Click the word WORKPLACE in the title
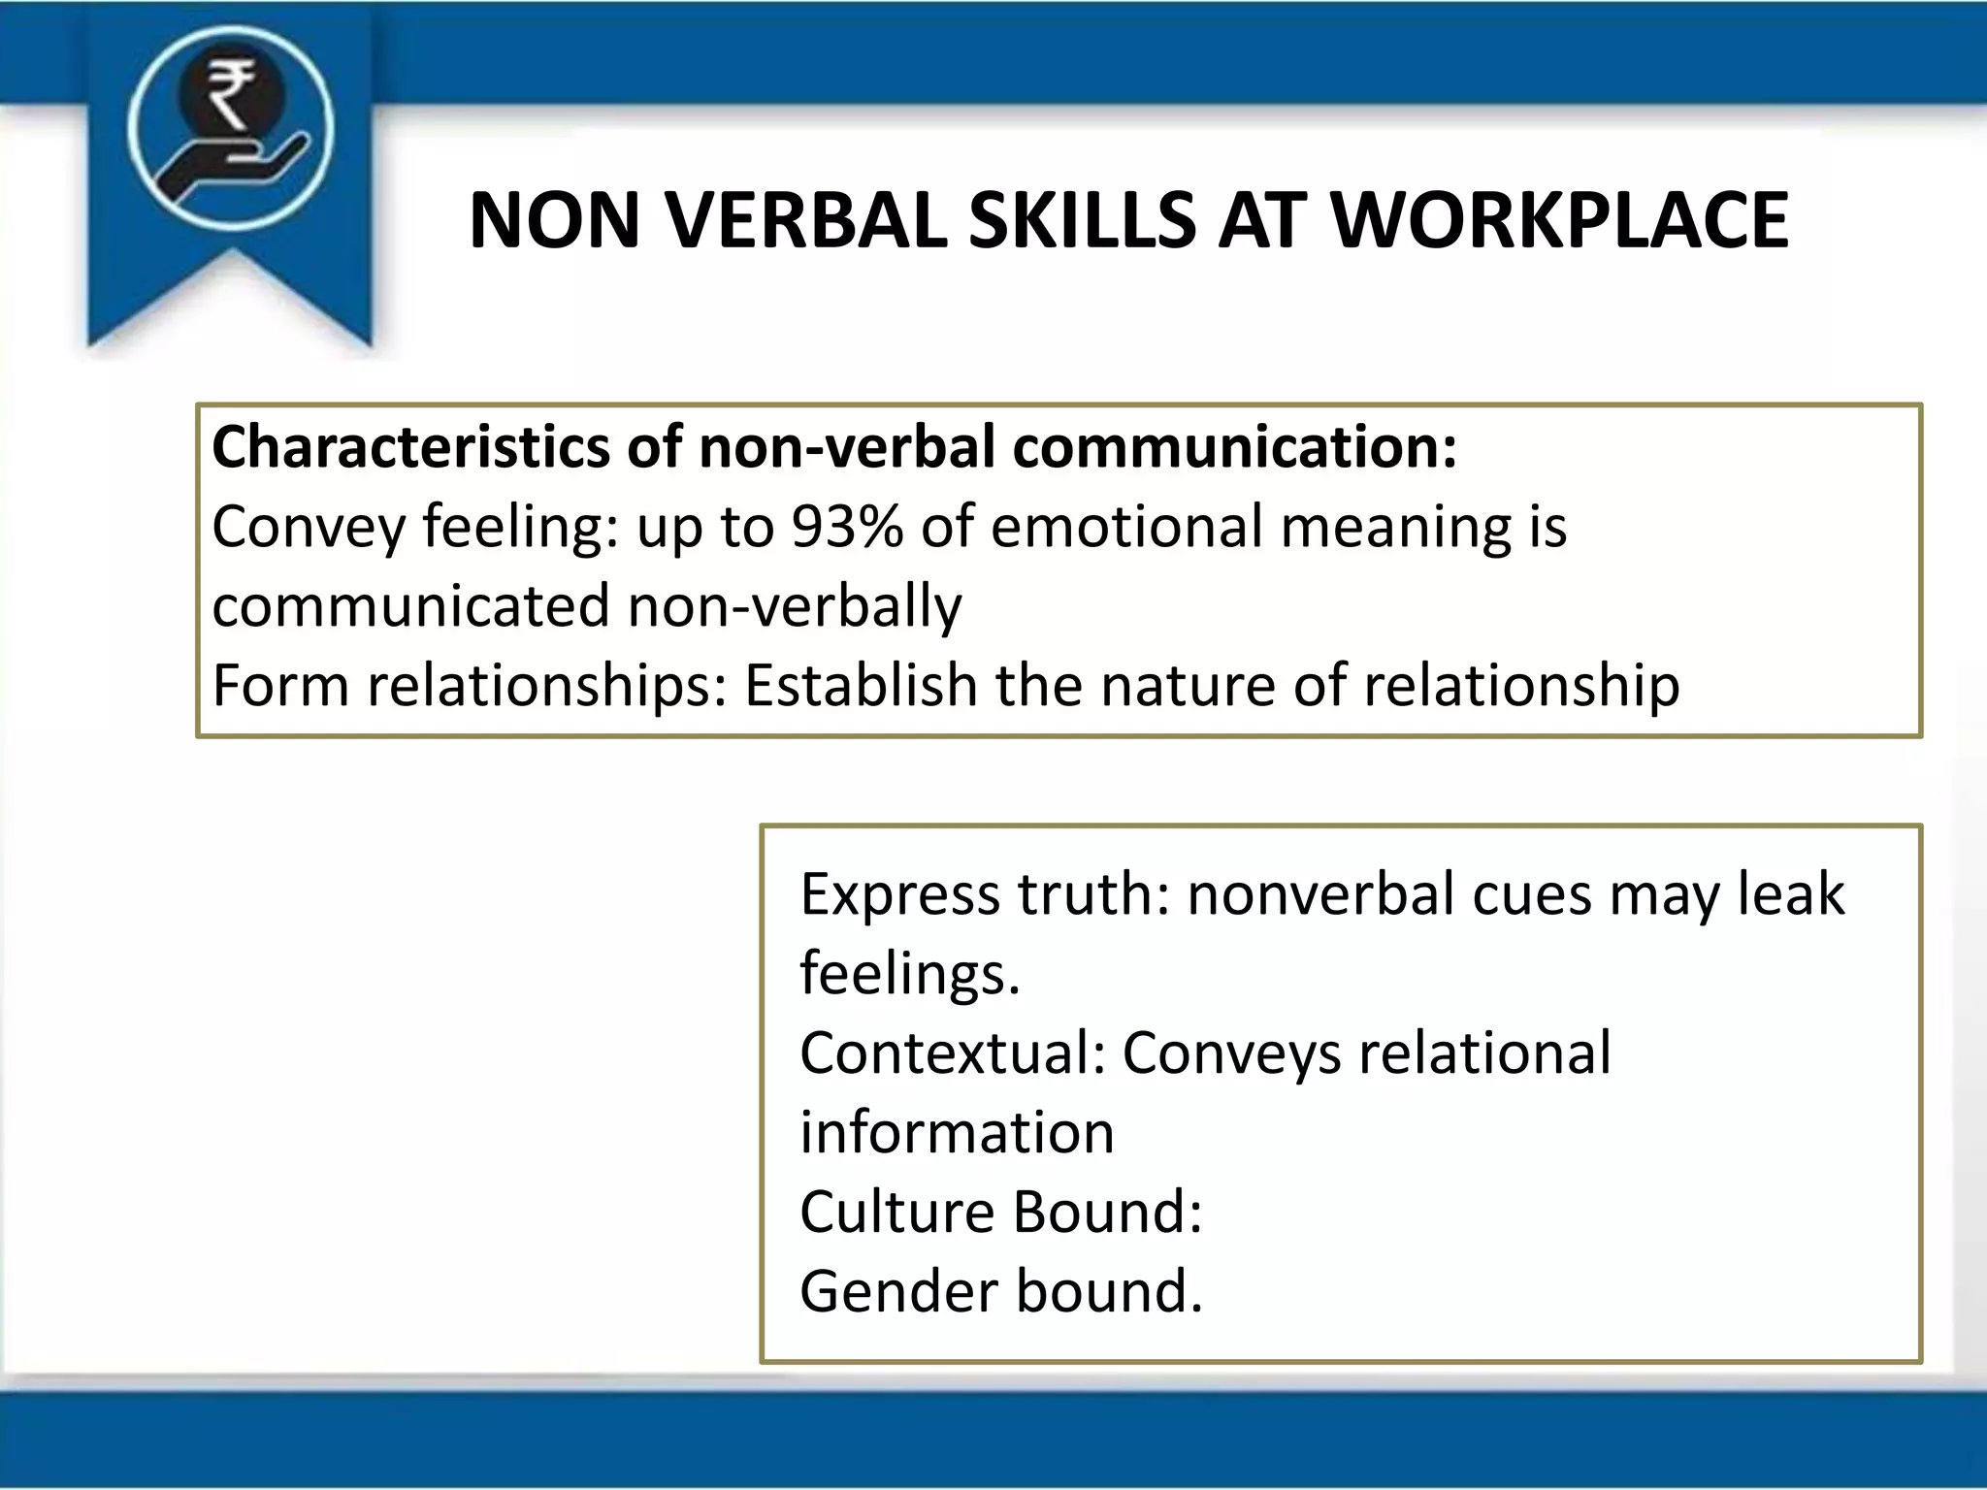(x=1559, y=221)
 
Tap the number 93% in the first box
(x=847, y=528)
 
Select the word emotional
(x=1126, y=528)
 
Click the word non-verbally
(x=795, y=607)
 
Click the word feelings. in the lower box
(x=909, y=975)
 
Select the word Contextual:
(x=953, y=1053)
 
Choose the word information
(x=957, y=1132)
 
